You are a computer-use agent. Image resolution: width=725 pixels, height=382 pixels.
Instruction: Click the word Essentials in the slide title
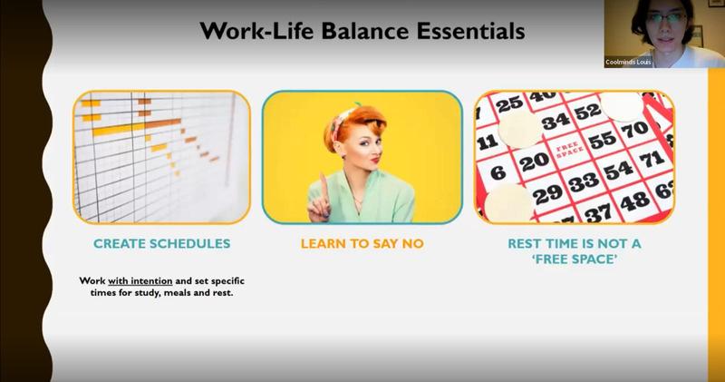click(x=470, y=31)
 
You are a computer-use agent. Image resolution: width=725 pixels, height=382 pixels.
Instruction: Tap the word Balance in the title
click(x=364, y=31)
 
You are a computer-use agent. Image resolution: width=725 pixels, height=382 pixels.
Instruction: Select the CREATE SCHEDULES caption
click(x=162, y=243)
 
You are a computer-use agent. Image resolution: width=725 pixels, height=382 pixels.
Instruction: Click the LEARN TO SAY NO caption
click(x=362, y=243)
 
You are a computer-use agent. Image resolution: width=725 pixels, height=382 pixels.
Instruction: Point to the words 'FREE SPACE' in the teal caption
click(x=575, y=260)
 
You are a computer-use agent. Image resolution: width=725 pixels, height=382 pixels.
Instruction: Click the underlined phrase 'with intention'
click(x=140, y=281)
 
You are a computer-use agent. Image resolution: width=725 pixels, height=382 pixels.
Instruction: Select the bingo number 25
click(x=509, y=104)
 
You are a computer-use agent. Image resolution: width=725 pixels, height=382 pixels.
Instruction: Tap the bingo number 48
click(x=635, y=201)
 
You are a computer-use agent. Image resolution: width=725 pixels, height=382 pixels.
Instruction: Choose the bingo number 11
click(x=487, y=142)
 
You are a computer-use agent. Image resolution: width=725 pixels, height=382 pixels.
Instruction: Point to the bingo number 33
click(x=584, y=183)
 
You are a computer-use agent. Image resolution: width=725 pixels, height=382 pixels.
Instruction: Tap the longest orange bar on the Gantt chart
click(x=137, y=126)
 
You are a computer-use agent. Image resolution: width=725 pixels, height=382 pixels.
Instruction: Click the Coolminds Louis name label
click(x=628, y=62)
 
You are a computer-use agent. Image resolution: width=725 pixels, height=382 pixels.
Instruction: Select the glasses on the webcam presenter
click(x=666, y=18)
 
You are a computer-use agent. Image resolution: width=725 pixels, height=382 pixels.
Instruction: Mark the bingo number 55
click(x=602, y=140)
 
